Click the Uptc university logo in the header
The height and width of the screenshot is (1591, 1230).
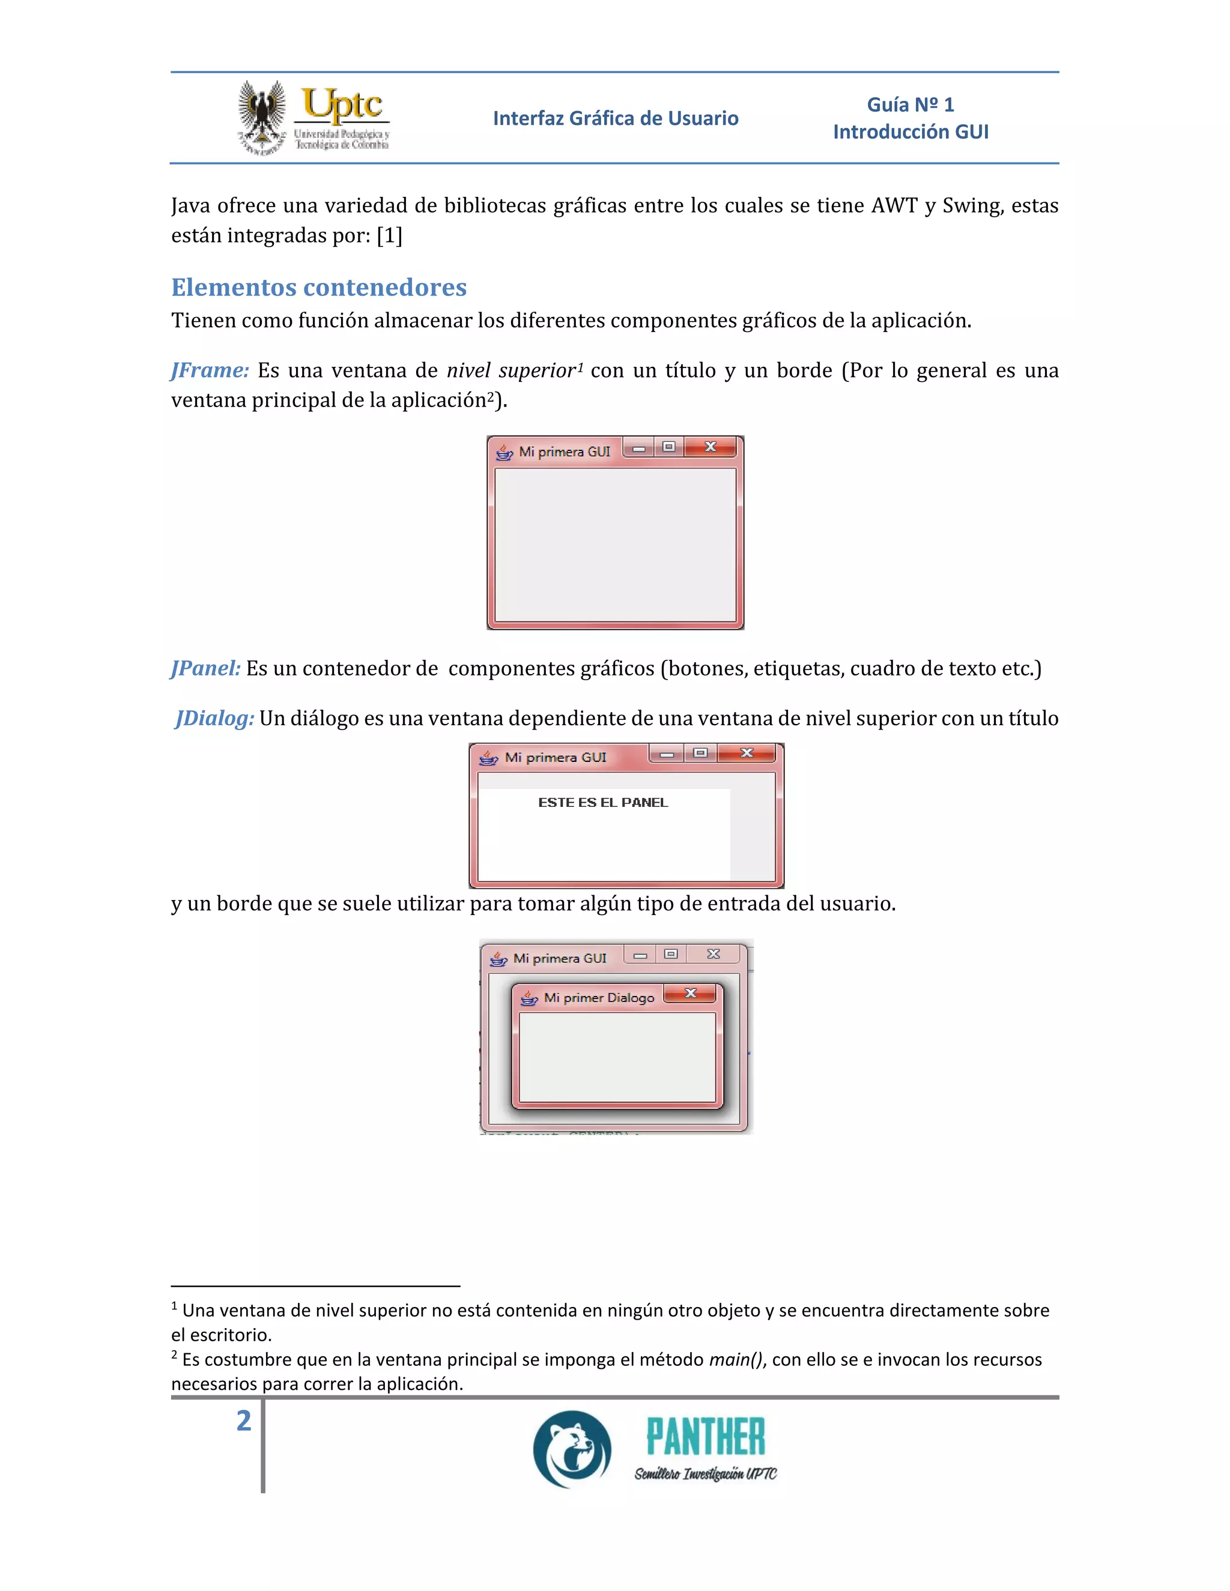pos(314,117)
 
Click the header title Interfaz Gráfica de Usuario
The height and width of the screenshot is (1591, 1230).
pos(615,118)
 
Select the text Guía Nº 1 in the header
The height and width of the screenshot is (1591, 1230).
pos(910,105)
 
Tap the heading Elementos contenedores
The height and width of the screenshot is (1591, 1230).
pos(318,287)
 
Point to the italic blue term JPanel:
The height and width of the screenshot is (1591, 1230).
pos(205,668)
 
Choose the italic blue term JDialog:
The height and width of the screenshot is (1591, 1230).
pos(215,718)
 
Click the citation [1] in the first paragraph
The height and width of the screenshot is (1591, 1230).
pos(389,235)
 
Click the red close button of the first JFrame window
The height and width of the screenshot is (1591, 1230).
pos(710,447)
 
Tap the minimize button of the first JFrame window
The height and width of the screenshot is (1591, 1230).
pos(639,448)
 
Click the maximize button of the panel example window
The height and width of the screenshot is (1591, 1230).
pos(700,753)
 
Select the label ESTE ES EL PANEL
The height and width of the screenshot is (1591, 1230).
pos(602,803)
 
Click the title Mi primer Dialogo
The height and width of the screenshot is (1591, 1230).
pos(599,998)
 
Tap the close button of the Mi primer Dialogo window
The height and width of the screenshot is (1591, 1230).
pos(690,993)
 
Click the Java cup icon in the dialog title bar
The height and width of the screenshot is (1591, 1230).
pos(529,998)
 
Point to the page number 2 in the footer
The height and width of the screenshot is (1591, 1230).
pos(243,1420)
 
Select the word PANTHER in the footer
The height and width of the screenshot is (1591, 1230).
pos(705,1437)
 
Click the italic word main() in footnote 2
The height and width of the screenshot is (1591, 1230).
pos(736,1359)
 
